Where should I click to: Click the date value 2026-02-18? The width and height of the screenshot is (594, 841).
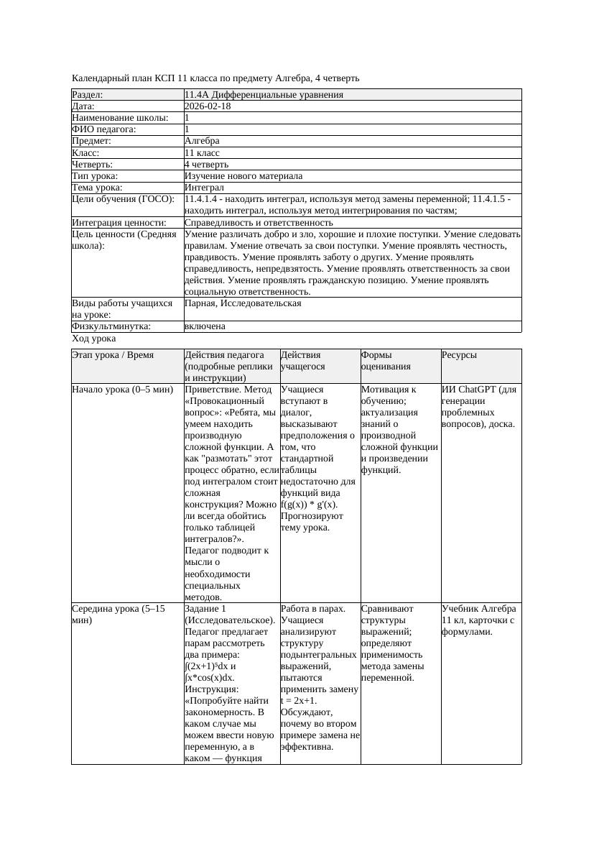pyautogui.click(x=208, y=106)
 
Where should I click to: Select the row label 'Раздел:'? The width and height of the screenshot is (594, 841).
pyautogui.click(x=88, y=95)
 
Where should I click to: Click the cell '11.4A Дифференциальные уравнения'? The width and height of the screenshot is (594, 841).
pyautogui.click(x=264, y=95)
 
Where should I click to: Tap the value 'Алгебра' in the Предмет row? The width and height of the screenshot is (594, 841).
pyautogui.click(x=202, y=141)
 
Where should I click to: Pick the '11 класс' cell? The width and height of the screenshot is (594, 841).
pyautogui.click(x=202, y=152)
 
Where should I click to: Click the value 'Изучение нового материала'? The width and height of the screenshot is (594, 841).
pyautogui.click(x=243, y=175)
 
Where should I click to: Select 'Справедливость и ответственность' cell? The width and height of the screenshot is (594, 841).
pyautogui.click(x=259, y=222)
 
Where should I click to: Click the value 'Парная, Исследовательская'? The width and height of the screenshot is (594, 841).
pyautogui.click(x=243, y=303)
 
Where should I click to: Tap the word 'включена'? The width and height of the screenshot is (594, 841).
pyautogui.click(x=205, y=326)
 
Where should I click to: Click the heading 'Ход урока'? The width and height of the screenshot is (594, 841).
pyautogui.click(x=94, y=338)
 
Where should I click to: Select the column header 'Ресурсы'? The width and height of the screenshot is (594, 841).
pyautogui.click(x=459, y=355)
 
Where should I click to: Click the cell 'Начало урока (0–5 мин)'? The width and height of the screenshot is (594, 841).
pyautogui.click(x=122, y=390)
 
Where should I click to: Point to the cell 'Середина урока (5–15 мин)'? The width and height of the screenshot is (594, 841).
pyautogui.click(x=118, y=614)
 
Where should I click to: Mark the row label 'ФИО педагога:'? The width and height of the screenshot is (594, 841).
pyautogui.click(x=104, y=129)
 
